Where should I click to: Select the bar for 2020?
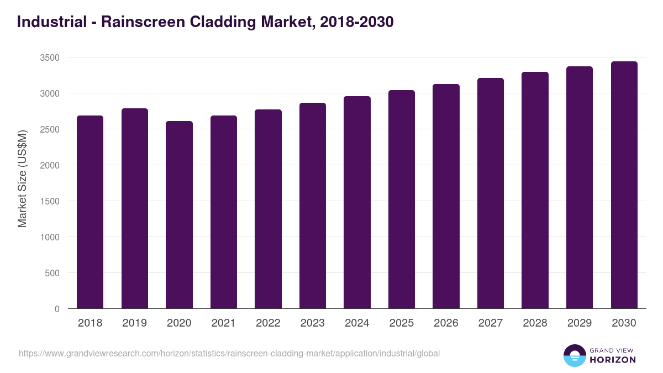click(179, 215)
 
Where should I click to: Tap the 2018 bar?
click(90, 212)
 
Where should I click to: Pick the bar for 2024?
click(357, 202)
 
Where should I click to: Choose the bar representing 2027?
click(491, 193)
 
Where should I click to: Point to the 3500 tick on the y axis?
click(49, 57)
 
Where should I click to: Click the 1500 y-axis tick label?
click(49, 201)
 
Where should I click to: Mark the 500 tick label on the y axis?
click(51, 273)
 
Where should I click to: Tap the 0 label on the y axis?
click(57, 309)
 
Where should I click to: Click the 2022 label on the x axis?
click(268, 323)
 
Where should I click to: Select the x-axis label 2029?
click(580, 323)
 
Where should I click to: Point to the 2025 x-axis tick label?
click(402, 323)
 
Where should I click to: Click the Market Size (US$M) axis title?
click(22, 178)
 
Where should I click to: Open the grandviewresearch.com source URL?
click(229, 353)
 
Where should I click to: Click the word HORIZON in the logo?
click(613, 360)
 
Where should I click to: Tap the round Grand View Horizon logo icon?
click(575, 355)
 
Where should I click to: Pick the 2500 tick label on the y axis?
click(49, 129)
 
